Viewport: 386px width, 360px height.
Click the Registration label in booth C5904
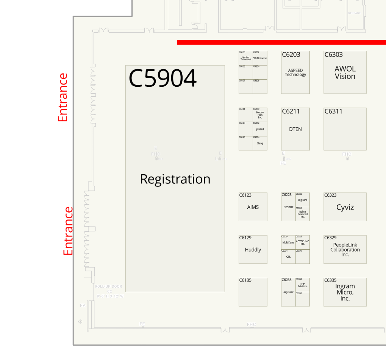[175, 179]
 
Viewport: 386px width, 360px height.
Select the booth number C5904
[163, 78]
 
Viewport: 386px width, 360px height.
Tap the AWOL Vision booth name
[345, 73]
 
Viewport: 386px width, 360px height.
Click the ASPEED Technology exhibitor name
[295, 72]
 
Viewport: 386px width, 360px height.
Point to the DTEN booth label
[295, 129]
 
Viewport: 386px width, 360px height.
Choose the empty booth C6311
[345, 131]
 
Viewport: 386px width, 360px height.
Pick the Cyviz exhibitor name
[345, 207]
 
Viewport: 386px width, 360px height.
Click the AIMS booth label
[253, 207]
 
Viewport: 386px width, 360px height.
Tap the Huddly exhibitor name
[253, 250]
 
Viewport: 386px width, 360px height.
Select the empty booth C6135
[253, 294]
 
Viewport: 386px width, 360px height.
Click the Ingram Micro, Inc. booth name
[345, 292]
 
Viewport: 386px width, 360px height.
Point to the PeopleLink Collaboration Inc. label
[345, 250]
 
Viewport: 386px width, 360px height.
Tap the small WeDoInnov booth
[260, 58]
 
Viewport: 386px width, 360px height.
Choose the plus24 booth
[260, 129]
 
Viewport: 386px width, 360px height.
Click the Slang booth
[260, 143]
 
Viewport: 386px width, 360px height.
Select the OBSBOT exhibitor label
[288, 207]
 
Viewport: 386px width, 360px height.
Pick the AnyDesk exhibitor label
[288, 292]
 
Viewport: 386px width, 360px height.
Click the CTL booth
[288, 257]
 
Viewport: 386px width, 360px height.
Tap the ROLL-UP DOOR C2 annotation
[109, 291]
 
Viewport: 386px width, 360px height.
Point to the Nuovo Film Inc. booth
[260, 115]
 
